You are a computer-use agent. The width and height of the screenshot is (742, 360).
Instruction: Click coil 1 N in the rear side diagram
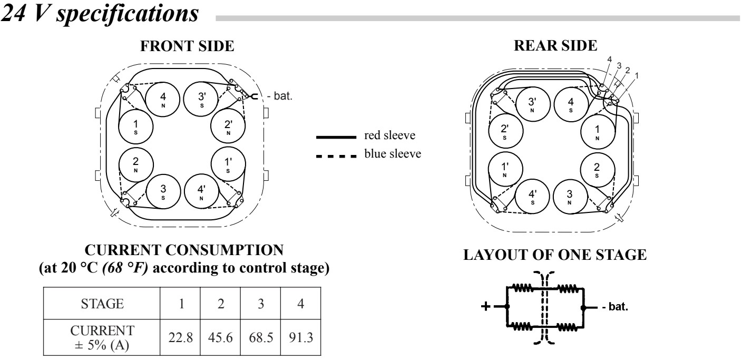(x=597, y=131)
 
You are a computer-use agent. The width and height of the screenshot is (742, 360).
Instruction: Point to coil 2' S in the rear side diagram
(x=504, y=131)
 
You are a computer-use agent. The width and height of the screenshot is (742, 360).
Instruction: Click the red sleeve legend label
(x=389, y=137)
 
